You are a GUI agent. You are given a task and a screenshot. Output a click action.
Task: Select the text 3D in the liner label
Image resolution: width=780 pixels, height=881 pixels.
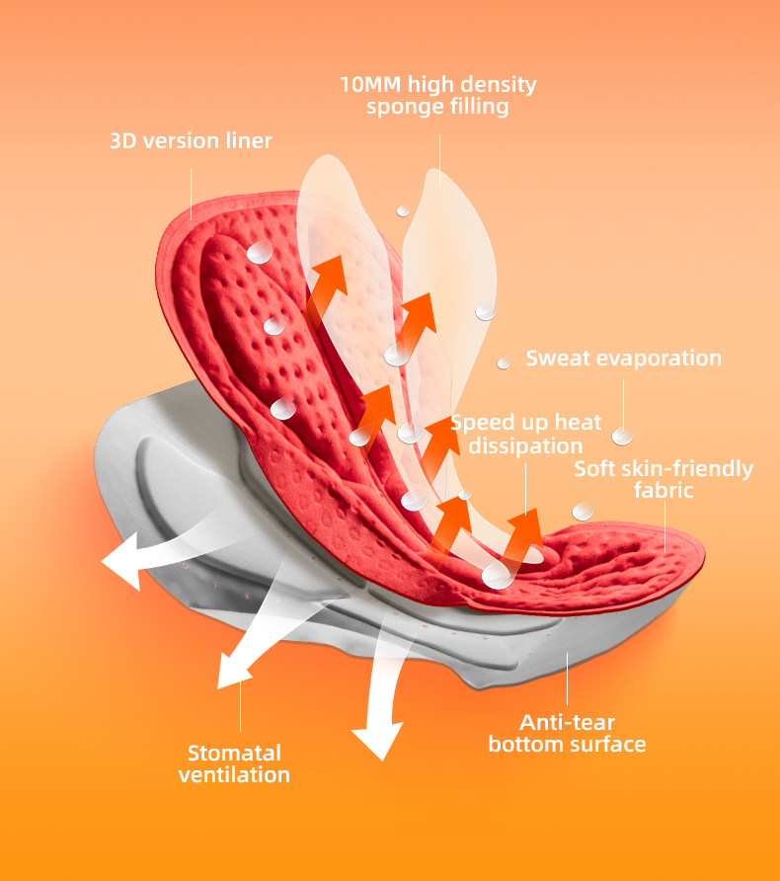click(x=122, y=141)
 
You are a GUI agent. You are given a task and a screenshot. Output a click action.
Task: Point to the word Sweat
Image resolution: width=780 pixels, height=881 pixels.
click(x=559, y=358)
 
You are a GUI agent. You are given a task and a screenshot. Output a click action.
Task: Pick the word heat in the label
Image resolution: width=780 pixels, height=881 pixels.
click(x=578, y=423)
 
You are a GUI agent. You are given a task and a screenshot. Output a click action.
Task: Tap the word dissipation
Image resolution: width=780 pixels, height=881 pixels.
click(x=525, y=446)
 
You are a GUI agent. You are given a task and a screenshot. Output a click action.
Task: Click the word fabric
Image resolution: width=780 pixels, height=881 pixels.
click(x=664, y=490)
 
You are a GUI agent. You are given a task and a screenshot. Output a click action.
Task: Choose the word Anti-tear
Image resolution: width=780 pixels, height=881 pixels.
click(x=567, y=722)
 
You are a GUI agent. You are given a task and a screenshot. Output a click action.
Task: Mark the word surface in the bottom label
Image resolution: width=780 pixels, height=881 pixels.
click(x=606, y=745)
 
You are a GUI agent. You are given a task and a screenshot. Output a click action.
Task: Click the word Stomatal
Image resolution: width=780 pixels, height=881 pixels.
click(x=235, y=753)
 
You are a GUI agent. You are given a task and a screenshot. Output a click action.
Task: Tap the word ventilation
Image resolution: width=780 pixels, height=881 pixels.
click(x=235, y=775)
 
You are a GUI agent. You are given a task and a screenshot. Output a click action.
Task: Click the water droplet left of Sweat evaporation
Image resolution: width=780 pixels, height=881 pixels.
click(x=504, y=362)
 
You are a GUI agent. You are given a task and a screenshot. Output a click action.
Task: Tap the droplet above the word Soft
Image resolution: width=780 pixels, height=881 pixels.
click(x=622, y=436)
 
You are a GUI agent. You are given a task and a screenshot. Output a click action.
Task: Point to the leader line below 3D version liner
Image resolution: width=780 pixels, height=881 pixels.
click(x=192, y=193)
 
